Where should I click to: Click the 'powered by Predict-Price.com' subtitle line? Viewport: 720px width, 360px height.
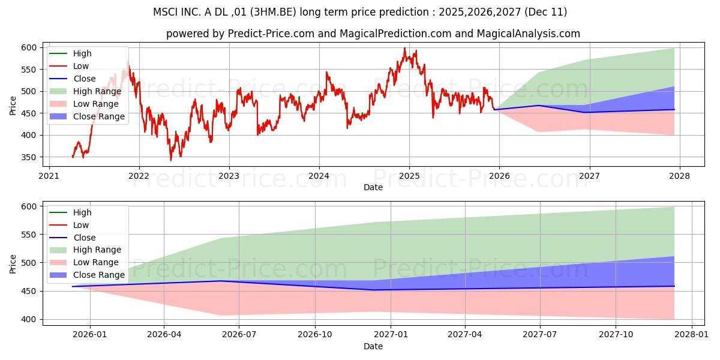373,34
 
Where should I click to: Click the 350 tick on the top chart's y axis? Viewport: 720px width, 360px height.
29,157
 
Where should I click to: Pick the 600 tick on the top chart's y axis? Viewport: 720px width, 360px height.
29,47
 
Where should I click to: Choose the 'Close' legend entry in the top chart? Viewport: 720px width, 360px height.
85,79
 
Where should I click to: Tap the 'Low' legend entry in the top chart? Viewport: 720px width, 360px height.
82,66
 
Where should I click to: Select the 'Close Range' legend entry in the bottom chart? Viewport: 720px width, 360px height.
99,275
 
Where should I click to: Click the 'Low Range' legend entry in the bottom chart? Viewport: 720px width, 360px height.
97,262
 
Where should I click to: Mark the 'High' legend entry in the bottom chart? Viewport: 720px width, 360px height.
82,212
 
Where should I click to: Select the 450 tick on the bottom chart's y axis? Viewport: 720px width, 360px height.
29,291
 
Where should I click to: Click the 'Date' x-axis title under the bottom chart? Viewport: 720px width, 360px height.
373,346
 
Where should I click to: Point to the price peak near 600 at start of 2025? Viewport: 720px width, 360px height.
404,48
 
